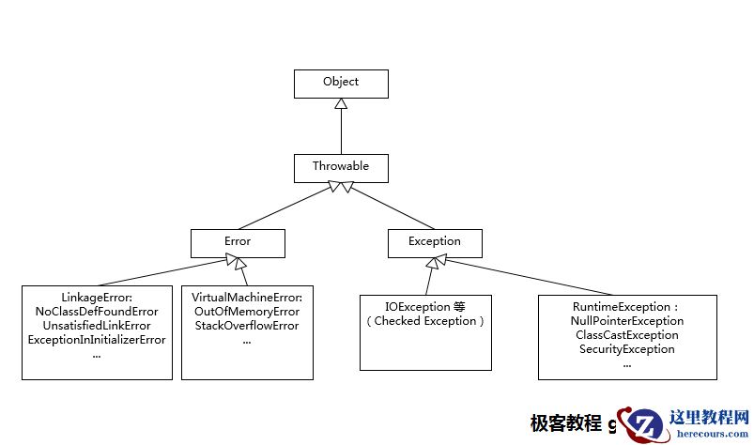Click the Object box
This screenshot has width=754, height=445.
pos(341,84)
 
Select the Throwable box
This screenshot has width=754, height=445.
pos(341,167)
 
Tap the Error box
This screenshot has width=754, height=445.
pos(238,243)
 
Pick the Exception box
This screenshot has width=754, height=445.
pos(435,243)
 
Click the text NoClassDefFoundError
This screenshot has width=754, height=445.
pos(97,311)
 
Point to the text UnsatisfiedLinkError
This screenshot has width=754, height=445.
pos(97,325)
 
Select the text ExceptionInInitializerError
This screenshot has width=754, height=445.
pos(97,339)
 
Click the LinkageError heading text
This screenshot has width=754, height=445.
pos(97,297)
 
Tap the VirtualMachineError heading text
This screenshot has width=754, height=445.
pos(247,297)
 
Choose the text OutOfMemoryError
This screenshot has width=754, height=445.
pos(247,311)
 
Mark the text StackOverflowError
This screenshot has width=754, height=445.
pos(247,325)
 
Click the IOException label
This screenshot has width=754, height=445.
pos(425,307)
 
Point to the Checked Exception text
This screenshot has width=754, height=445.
pos(425,321)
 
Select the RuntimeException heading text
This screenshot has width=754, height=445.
pos(626,307)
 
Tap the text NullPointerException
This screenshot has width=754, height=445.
pos(626,321)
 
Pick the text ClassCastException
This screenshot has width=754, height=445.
pos(626,335)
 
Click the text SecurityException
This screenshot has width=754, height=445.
pos(626,349)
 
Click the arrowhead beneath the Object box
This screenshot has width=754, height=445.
pos(341,104)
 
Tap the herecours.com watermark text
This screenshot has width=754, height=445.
pos(708,433)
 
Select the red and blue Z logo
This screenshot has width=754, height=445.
pos(644,425)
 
